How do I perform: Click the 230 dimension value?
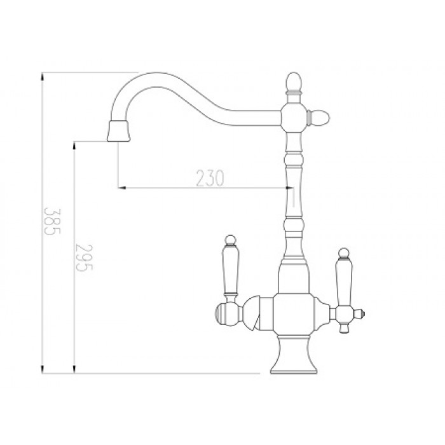click(x=209, y=179)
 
